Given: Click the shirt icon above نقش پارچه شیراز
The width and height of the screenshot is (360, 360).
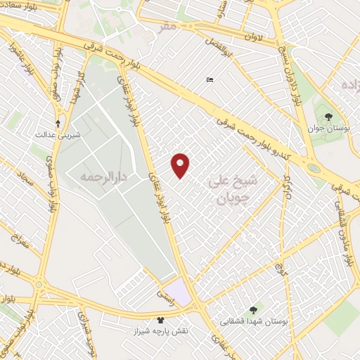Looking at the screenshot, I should (162, 319).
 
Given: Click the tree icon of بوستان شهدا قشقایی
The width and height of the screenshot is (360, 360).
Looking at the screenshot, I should (252, 309).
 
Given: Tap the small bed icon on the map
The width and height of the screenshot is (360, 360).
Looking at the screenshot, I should (210, 81).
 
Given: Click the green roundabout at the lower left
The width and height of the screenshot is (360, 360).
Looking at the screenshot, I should (39, 285).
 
